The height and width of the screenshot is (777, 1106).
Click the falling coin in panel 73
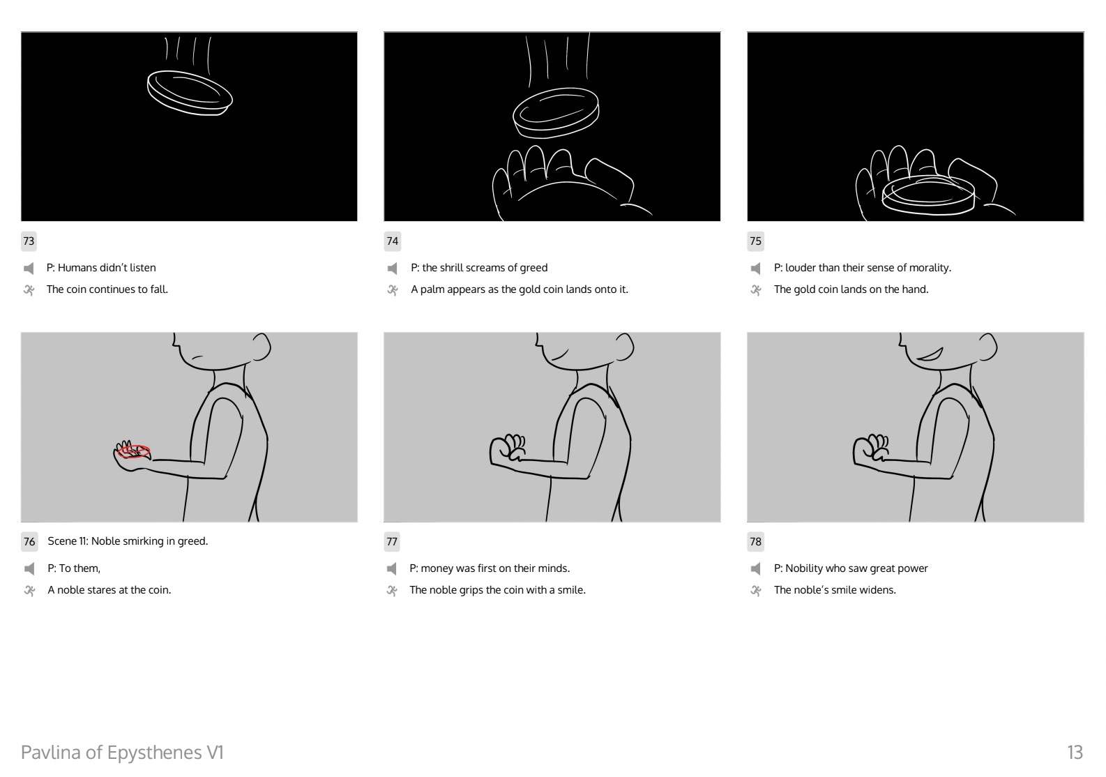tap(190, 93)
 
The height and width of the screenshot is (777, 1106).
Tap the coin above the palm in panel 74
tap(556, 112)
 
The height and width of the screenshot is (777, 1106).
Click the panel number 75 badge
tap(755, 241)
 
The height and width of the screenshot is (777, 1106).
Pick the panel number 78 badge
tap(755, 541)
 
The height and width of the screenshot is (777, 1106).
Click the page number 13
tap(1075, 753)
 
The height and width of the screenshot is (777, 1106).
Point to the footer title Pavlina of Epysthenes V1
tap(122, 753)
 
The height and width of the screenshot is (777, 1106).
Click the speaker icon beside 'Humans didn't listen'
tap(29, 269)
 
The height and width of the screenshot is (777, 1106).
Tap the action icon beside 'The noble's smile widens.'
tap(755, 590)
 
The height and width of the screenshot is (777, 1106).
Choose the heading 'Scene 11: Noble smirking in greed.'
tap(128, 541)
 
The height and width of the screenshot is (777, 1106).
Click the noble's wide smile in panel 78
tap(930, 354)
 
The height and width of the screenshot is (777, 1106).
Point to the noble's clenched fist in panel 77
tap(507, 448)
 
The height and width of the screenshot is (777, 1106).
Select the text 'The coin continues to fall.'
tap(107, 289)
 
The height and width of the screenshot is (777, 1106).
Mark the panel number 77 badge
tap(392, 541)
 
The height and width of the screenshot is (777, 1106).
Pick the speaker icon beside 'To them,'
tap(29, 568)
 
